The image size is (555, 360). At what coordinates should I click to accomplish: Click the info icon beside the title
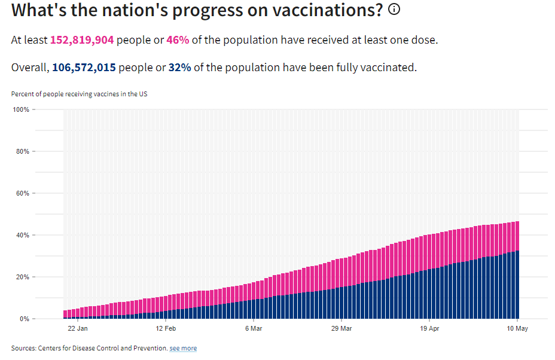coord(394,9)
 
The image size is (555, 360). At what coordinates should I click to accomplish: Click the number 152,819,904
coord(82,40)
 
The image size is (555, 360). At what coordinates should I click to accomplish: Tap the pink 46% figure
coord(178,40)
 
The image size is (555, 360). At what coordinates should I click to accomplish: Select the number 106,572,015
coord(84,67)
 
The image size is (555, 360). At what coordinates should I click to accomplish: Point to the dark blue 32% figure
coord(179,67)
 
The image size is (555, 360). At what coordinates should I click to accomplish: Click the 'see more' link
coord(183,348)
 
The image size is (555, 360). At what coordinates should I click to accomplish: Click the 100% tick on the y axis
coord(21,110)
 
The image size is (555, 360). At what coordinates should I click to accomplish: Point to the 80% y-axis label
coord(23,151)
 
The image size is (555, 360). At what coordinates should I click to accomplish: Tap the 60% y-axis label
coord(23,193)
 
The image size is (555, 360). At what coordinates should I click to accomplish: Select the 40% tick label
coord(23,235)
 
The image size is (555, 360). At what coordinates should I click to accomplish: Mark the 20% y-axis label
coord(23,277)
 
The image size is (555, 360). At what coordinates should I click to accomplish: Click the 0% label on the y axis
coord(25,319)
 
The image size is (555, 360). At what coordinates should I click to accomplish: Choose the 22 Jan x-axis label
coord(78,328)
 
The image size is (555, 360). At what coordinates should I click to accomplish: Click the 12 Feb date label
coord(166,328)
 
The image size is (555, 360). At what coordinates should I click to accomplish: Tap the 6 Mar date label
coord(254,328)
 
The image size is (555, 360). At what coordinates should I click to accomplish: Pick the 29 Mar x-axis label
coord(341,328)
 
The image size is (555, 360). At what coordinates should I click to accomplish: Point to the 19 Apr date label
coord(429,328)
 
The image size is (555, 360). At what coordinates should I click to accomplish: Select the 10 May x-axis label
coord(517,328)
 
